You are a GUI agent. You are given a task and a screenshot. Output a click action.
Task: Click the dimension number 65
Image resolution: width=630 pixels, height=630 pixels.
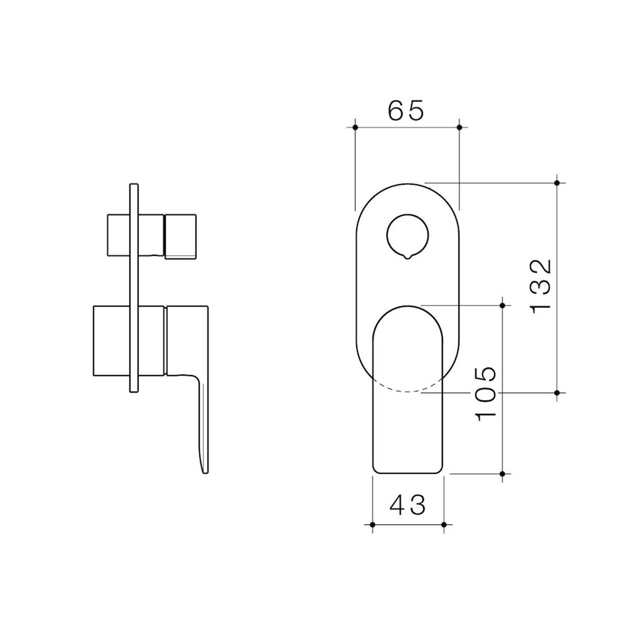406,111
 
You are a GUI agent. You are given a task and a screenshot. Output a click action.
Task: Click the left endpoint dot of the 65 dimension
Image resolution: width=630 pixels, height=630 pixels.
355,127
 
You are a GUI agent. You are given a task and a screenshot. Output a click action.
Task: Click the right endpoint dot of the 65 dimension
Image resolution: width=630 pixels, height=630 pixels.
459,127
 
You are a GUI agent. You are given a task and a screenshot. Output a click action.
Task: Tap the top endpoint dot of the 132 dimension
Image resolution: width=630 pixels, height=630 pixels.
557,183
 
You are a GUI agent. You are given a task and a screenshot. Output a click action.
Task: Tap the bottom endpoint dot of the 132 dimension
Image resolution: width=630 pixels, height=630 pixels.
557,393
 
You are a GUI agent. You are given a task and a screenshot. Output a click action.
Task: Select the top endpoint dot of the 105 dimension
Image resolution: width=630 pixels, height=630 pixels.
503,306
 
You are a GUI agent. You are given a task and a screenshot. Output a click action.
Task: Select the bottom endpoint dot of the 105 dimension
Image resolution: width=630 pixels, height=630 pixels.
503,474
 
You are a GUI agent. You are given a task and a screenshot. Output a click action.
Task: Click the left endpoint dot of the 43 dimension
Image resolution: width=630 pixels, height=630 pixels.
372,525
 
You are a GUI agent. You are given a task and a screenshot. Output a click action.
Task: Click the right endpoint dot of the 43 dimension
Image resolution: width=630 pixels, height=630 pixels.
444,525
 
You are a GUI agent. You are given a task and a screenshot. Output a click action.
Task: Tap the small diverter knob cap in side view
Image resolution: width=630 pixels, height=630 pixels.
180,236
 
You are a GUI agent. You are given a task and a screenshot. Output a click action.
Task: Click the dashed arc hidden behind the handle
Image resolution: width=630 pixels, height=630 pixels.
407,391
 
